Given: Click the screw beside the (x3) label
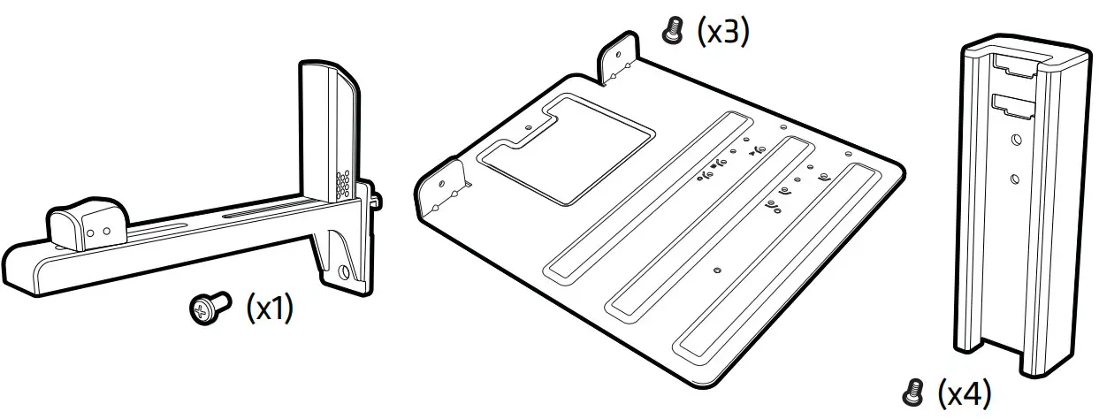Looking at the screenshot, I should click(673, 34).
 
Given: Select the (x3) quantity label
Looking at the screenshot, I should click(722, 33).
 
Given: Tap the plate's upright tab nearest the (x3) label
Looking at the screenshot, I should click(621, 58).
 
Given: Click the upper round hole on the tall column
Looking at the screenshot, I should click(1014, 139).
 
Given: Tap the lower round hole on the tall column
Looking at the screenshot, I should click(1015, 179).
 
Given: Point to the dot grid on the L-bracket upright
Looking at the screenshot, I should click(342, 184).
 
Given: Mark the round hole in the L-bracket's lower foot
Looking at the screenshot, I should click(344, 272).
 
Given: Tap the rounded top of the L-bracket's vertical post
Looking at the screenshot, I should click(327, 72).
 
